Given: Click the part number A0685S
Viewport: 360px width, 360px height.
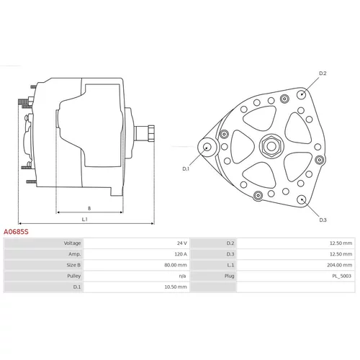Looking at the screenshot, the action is (16, 232).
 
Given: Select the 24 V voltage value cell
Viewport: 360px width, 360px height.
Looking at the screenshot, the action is (182, 243).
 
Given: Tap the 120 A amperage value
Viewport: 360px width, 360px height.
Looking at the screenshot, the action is (181, 254).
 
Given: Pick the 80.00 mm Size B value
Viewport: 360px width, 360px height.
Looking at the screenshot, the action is (176, 265).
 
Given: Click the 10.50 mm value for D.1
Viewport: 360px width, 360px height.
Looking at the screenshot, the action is (176, 287).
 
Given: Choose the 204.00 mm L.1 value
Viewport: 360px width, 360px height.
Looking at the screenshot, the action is (339, 265).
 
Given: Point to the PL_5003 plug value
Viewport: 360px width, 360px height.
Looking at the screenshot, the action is (341, 276).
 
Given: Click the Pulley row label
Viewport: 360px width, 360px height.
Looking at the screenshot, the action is (73, 276).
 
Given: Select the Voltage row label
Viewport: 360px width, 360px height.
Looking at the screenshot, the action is (72, 243).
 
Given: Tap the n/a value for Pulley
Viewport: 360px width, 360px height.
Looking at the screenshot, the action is (182, 276).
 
